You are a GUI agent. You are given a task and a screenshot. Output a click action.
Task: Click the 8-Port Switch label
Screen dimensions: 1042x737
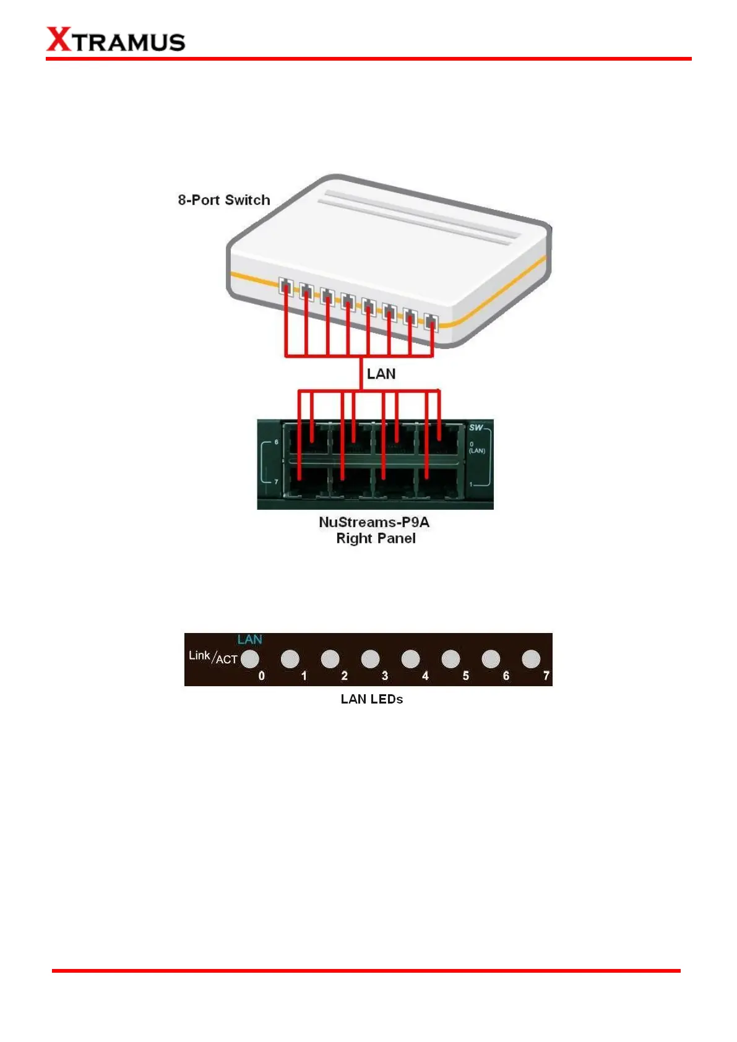(224, 200)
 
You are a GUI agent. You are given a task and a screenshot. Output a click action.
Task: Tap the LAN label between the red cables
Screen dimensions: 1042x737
(381, 374)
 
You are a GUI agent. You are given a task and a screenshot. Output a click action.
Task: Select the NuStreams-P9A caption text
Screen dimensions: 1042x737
(374, 522)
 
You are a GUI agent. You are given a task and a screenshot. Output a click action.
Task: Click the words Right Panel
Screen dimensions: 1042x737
(376, 538)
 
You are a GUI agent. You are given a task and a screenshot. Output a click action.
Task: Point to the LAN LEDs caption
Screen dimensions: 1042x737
(371, 699)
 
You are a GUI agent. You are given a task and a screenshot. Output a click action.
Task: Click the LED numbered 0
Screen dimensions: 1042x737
(250, 659)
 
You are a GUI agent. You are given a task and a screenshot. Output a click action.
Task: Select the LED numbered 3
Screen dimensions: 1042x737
(370, 659)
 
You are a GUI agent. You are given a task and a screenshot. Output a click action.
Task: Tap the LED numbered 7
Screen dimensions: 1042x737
(531, 659)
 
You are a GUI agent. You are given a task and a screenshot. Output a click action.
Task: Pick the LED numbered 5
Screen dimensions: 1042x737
(450, 659)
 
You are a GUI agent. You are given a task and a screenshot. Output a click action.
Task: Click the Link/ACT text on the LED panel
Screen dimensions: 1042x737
(213, 657)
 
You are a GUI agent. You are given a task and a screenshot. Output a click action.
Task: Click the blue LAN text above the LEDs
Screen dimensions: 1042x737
(249, 640)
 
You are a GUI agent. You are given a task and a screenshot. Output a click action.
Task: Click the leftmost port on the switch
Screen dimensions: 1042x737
(285, 286)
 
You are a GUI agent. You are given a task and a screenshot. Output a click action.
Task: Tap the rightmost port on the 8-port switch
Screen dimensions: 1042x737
(431, 322)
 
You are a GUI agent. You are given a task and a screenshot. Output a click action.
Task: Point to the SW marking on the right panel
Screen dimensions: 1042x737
(475, 428)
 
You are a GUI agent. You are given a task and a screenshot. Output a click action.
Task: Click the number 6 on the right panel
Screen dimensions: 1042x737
(276, 442)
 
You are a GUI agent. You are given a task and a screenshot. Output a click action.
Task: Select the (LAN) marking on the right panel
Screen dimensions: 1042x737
(476, 450)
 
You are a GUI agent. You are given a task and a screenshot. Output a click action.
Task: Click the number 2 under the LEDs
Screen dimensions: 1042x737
(344, 676)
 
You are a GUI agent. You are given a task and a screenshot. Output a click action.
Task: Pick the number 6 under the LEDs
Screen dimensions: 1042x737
(506, 676)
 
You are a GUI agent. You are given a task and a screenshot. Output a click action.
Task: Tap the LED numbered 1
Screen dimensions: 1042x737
(290, 659)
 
